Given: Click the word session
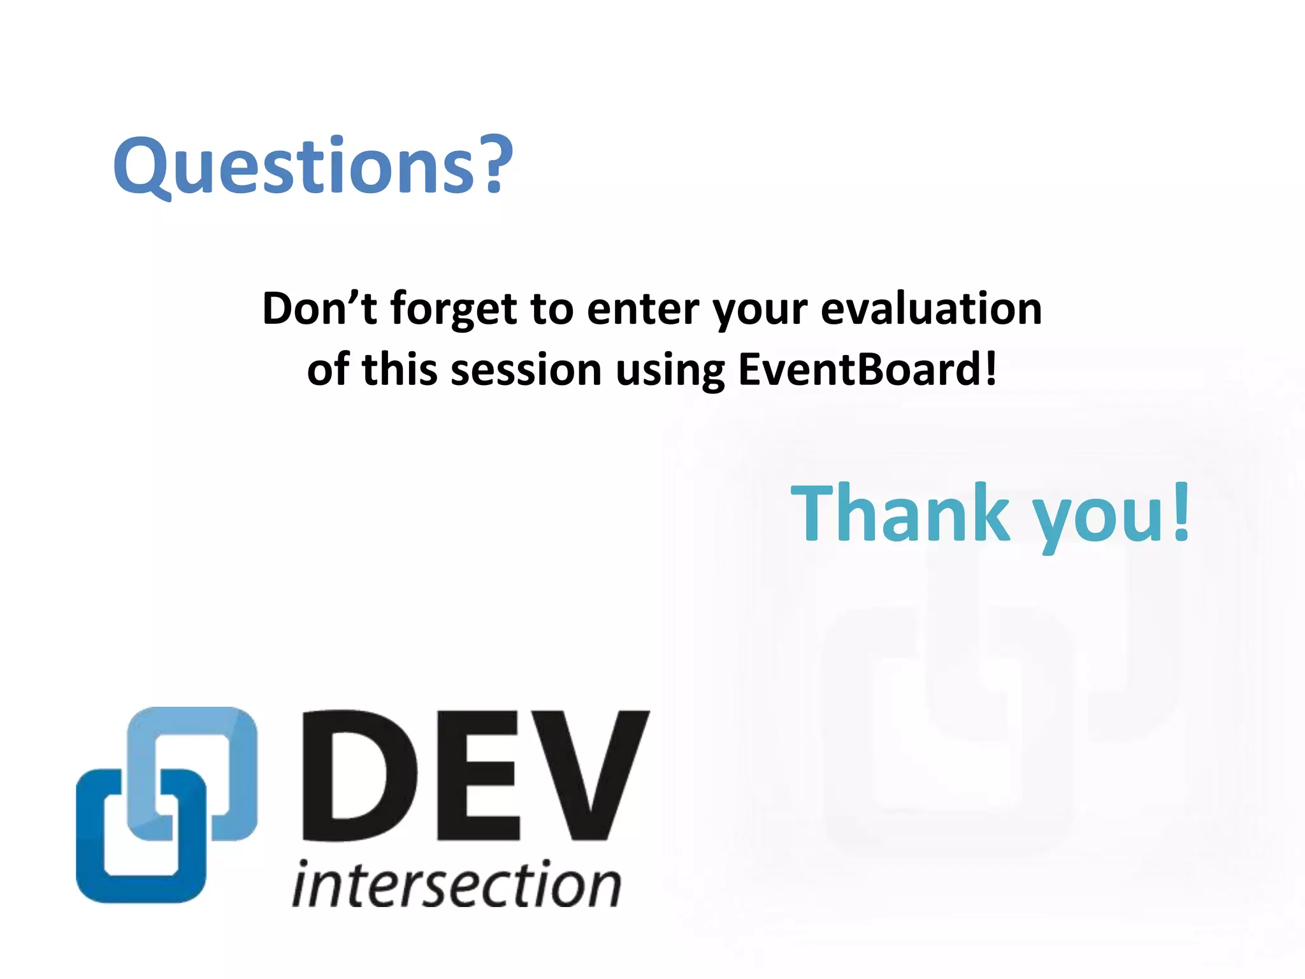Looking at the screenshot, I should pos(526,370).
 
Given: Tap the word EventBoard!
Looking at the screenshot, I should pos(867,370).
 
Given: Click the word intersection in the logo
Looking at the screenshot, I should pos(456,885).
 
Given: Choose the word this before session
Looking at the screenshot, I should pos(399,370).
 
